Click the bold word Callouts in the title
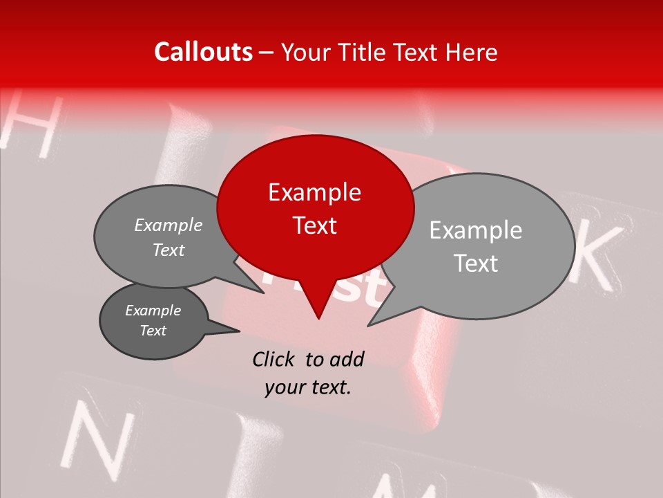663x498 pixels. tap(203, 52)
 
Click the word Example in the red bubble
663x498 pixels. tap(314, 192)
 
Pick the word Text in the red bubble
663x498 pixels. tap(314, 225)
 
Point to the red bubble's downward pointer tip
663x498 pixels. tap(318, 318)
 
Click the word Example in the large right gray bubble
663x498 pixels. tap(476, 230)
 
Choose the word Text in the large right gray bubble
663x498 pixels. tap(476, 264)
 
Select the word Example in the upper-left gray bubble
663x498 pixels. tap(169, 225)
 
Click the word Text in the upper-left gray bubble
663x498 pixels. tap(169, 250)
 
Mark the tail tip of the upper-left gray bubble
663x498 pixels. tap(263, 293)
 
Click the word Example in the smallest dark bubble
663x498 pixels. tap(153, 311)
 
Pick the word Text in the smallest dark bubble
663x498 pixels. tap(153, 331)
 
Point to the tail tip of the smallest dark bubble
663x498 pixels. tap(239, 331)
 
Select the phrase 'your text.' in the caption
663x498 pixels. tap(308, 388)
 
